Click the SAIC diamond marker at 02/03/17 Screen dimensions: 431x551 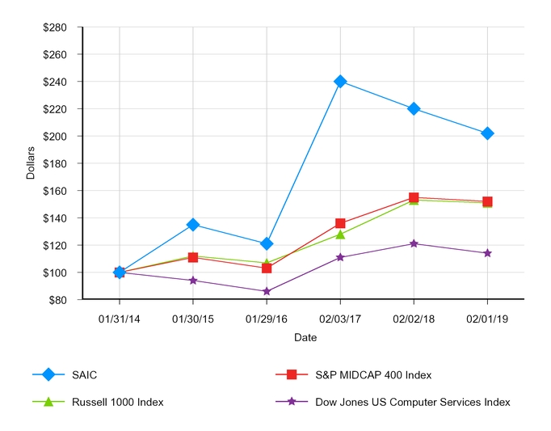(x=340, y=81)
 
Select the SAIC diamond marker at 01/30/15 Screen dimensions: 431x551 (x=193, y=224)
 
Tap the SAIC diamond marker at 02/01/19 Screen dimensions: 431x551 (x=487, y=133)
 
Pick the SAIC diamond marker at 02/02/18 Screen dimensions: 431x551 (x=414, y=108)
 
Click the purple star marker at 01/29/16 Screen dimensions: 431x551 (x=267, y=291)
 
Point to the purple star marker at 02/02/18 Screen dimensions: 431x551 (x=414, y=243)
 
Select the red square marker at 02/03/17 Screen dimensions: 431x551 (x=340, y=223)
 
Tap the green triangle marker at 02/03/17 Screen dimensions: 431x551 (x=340, y=235)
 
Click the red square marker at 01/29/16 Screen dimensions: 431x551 (x=267, y=268)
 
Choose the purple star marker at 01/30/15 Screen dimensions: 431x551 (x=193, y=281)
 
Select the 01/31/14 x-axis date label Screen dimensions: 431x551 (x=120, y=319)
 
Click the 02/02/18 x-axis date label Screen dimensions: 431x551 (x=414, y=319)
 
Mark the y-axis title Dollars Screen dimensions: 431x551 (x=32, y=163)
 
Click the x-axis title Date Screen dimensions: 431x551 (x=305, y=336)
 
